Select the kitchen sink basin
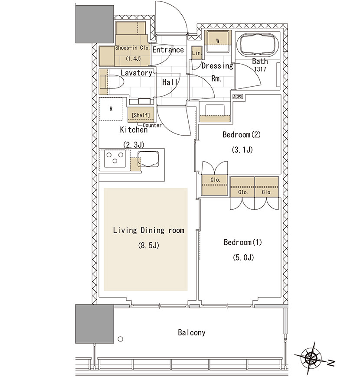pos(148,159)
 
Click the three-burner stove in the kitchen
pos(115,159)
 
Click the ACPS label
pos(238,97)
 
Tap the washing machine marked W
pos(218,41)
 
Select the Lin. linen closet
pos(196,53)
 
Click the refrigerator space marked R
pos(111,109)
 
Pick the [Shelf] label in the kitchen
pos(141,115)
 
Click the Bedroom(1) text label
pos(243,242)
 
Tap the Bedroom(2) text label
pos(242,134)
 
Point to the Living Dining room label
pos(148,230)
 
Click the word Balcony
pos(192,332)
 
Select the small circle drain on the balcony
pos(121,339)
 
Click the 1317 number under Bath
pos(260,69)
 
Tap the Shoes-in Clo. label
pos(132,48)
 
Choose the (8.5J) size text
pos(149,245)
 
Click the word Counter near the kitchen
pos(152,125)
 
